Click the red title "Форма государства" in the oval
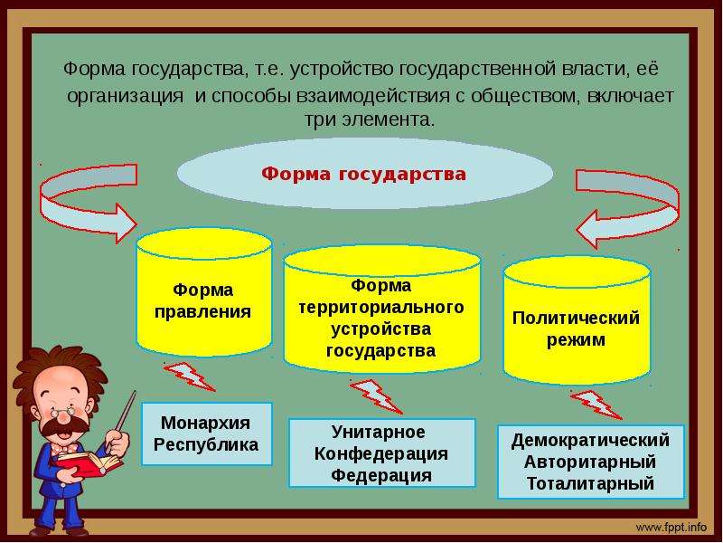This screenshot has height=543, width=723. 364,175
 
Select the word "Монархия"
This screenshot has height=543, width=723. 206,423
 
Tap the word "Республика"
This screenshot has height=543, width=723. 206,444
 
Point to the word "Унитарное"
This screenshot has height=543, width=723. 378,433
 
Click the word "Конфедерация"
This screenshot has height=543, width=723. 380,454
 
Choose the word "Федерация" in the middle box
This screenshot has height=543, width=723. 381,475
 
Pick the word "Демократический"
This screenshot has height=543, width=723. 590,441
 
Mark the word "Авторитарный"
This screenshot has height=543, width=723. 590,462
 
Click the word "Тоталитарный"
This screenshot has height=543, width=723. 590,483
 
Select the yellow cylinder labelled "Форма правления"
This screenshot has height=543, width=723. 204,292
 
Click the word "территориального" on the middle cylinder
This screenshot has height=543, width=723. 380,308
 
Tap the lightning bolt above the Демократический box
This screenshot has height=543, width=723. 596,405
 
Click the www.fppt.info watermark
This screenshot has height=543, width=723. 671,528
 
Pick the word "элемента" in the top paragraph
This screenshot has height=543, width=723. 389,120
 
